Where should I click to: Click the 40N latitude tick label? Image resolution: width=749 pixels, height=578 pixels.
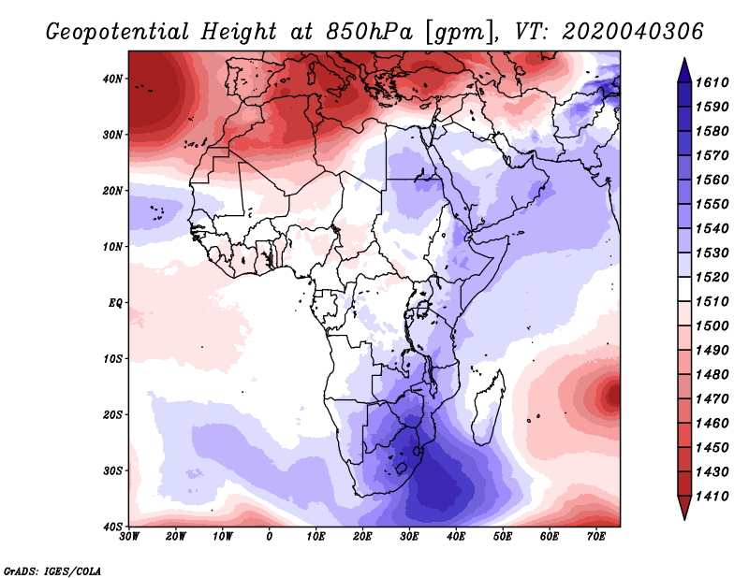coord(112,78)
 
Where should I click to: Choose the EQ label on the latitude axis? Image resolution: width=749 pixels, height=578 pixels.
coord(114,302)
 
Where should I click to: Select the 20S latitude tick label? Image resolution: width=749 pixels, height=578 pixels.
coord(112,414)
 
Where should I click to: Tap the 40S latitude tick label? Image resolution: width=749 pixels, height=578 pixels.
coord(112,526)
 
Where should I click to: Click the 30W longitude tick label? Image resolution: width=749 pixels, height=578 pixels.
coord(129,537)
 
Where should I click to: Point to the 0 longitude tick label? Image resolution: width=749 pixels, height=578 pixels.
coord(270,537)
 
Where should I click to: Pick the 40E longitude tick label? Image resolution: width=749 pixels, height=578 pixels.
coord(456,537)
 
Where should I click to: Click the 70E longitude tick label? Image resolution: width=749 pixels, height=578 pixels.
coord(596,537)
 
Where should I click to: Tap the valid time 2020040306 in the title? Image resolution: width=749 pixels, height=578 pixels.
coord(633,32)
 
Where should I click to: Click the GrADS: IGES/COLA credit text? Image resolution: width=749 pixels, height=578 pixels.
coord(52,570)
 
